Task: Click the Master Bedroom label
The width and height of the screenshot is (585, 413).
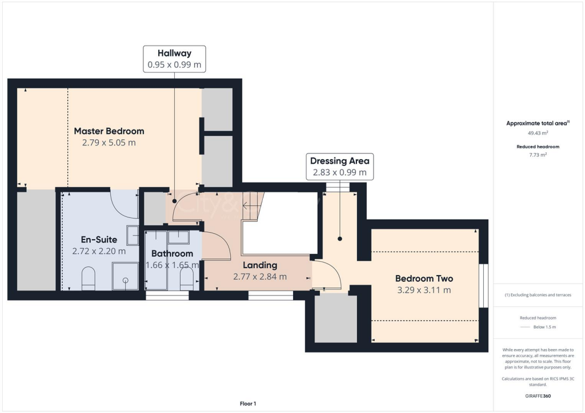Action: [x=109, y=131]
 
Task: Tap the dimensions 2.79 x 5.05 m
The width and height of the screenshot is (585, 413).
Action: [x=109, y=143]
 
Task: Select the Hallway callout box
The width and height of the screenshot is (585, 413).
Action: [x=174, y=59]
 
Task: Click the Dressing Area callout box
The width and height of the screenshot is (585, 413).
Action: [x=339, y=166]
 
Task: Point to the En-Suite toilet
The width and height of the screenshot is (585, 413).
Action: [x=89, y=278]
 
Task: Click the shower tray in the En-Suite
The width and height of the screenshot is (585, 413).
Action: [x=125, y=276]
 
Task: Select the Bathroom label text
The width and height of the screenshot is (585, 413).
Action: [x=172, y=253]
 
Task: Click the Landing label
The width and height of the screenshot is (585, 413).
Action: [x=259, y=265]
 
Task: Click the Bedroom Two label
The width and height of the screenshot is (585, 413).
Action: [x=424, y=278]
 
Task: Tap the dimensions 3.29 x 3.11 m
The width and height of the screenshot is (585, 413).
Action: [x=424, y=290]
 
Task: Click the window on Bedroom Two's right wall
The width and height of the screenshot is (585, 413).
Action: [x=483, y=286]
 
